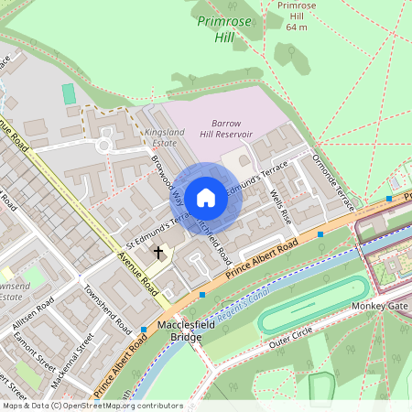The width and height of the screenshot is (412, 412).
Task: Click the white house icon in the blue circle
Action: pyautogui.click(x=206, y=197)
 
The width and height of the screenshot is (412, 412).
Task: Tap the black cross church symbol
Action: pyautogui.click(x=157, y=252)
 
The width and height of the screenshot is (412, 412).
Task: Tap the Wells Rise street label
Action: pyautogui.click(x=279, y=207)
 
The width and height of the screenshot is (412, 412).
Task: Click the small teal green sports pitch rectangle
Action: pyautogui.click(x=69, y=93)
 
